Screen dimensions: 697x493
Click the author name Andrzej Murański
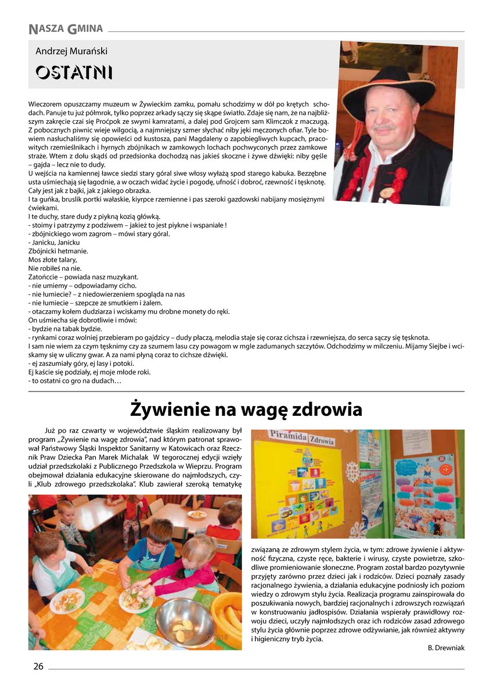click(71, 51)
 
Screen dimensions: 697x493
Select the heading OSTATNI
click(74, 73)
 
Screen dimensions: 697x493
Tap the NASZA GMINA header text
click(65, 28)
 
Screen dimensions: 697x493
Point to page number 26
click(38, 666)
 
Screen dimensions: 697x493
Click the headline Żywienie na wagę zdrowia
click(246, 409)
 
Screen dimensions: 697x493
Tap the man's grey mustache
click(384, 126)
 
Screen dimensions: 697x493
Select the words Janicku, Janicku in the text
click(51, 242)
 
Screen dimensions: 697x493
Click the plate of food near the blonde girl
click(135, 600)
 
